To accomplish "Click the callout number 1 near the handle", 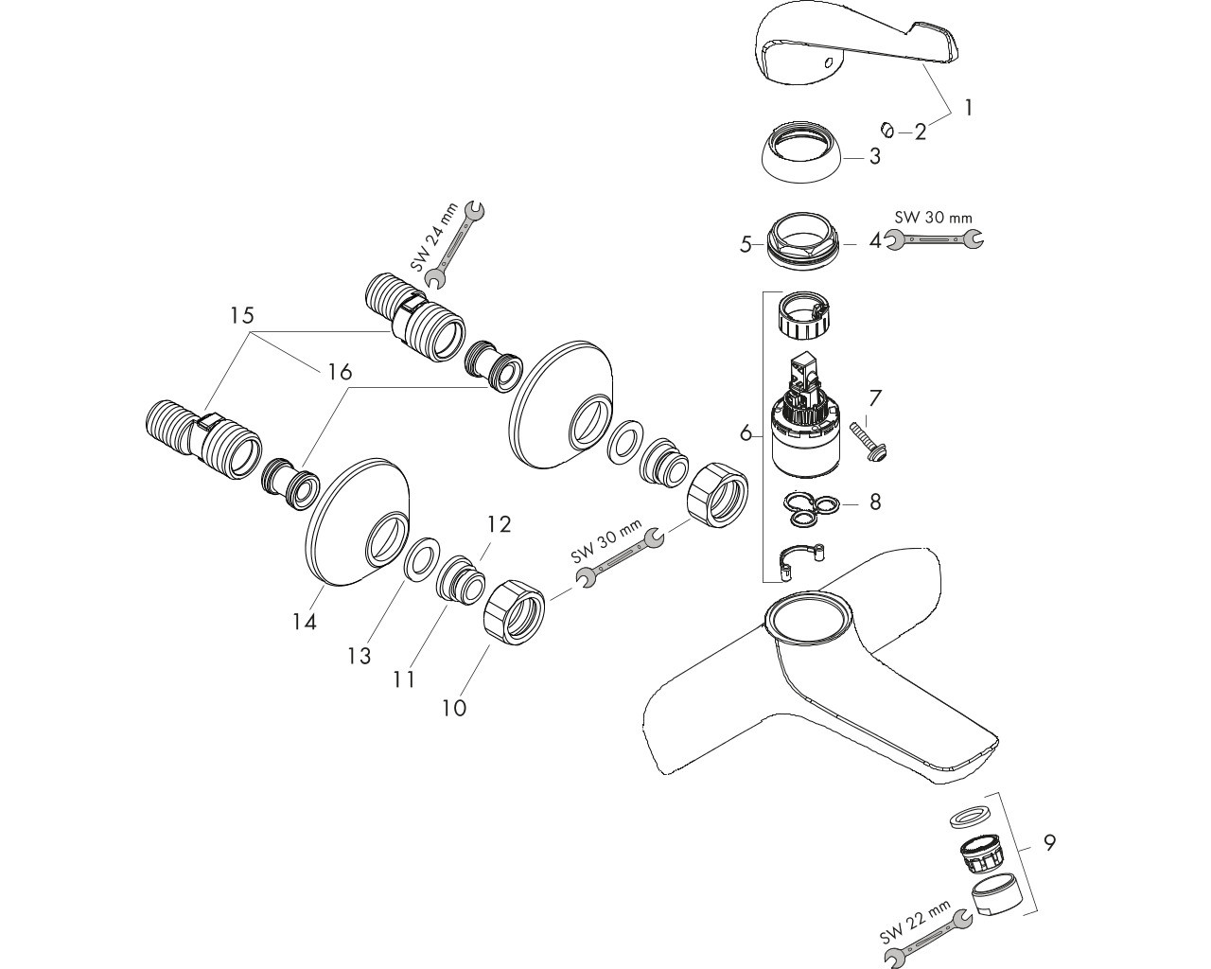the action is click(968, 108).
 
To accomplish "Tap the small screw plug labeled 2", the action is click(886, 131).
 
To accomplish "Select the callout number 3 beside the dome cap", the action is click(874, 156).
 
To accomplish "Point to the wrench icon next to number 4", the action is click(935, 239).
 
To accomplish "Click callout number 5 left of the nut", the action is click(746, 244).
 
